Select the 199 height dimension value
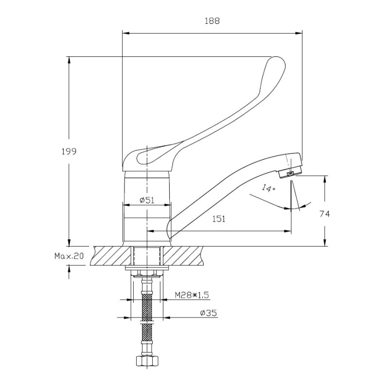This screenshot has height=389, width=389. tap(69, 151)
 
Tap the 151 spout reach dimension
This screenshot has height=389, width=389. tap(219, 219)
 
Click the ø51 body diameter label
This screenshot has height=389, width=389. tap(147, 200)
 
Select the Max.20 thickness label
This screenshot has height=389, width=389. tap(70, 256)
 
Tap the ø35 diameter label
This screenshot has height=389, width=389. tap(208, 313)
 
